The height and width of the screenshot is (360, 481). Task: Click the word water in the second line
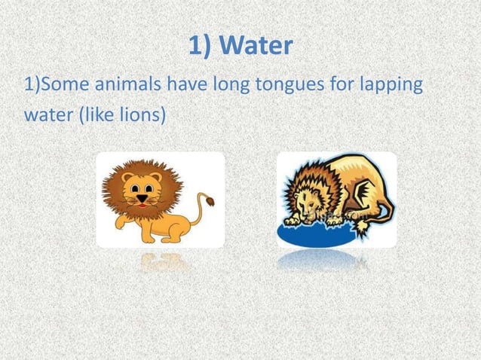click(x=44, y=119)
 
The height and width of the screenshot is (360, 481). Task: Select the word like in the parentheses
click(x=100, y=119)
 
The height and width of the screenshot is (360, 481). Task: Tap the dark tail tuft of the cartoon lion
click(x=208, y=201)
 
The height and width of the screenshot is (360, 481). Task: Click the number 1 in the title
click(x=195, y=47)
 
